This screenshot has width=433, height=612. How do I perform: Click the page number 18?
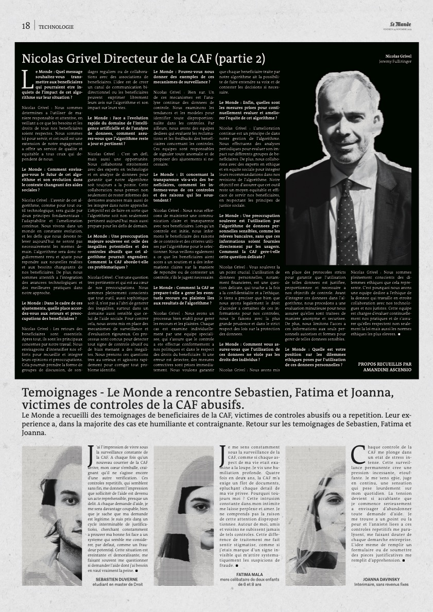(x=26, y=26)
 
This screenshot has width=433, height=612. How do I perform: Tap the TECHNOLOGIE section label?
(x=56, y=27)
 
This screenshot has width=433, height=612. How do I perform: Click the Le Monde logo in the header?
(x=401, y=24)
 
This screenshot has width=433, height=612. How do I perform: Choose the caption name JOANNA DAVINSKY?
(x=381, y=579)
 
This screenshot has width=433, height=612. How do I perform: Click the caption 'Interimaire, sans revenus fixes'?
(x=382, y=584)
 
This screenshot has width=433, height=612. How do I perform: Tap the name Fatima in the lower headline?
(x=306, y=393)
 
